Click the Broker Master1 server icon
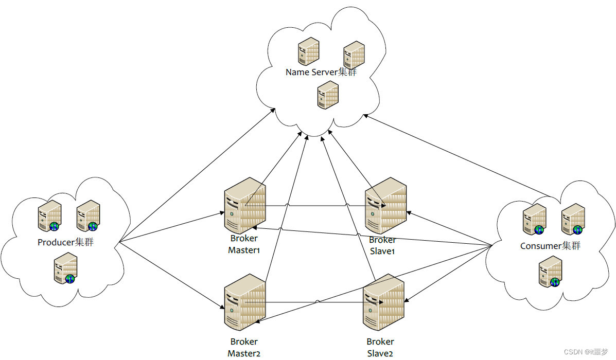pyautogui.click(x=244, y=205)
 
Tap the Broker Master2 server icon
pyautogui.click(x=244, y=302)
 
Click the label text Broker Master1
pyautogui.click(x=244, y=244)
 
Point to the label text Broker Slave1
pyautogui.click(x=382, y=245)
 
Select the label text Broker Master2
pyautogui.click(x=244, y=347)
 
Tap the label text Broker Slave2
pyautogui.click(x=380, y=347)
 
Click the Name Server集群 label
pyautogui.click(x=321, y=72)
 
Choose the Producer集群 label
pyautogui.click(x=65, y=242)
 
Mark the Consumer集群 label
pyautogui.click(x=550, y=246)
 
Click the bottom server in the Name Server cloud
pyautogui.click(x=328, y=95)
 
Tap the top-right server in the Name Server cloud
pyautogui.click(x=354, y=55)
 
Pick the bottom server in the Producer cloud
pyautogui.click(x=66, y=268)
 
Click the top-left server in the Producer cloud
pyautogui.click(x=50, y=215)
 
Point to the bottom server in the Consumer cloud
pyautogui.click(x=550, y=272)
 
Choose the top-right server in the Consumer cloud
pyautogui.click(x=573, y=219)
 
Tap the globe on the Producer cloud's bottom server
pyautogui.click(x=70, y=279)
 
